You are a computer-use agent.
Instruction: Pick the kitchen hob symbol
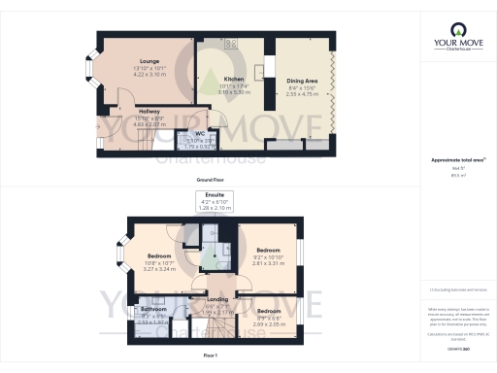[x=231, y=44]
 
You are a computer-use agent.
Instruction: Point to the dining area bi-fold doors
[x=333, y=91]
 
